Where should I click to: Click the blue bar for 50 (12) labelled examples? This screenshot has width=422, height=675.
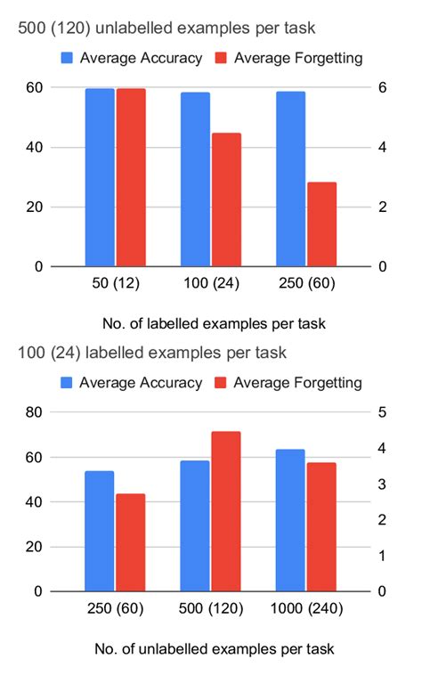pyautogui.click(x=100, y=177)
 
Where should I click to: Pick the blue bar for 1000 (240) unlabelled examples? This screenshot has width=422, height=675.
pyautogui.click(x=290, y=520)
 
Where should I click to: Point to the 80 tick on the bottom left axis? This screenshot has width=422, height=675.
pyautogui.click(x=34, y=412)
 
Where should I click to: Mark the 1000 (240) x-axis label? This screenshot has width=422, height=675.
pyautogui.click(x=305, y=610)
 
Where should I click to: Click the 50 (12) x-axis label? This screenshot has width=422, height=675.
pyautogui.click(x=114, y=285)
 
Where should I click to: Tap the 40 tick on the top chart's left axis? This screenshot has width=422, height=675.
pyautogui.click(x=34, y=147)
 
